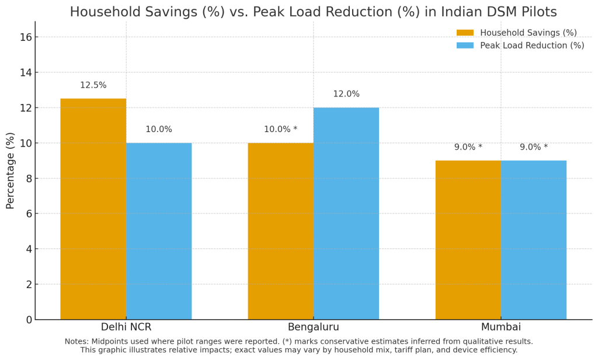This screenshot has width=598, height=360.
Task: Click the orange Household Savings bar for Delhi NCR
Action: click(93, 209)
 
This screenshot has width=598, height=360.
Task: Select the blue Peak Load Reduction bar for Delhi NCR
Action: click(159, 231)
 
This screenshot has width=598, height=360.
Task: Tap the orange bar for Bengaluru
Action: click(280, 231)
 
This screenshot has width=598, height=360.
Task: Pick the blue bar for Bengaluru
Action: click(346, 214)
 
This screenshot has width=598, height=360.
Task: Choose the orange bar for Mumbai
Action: click(468, 240)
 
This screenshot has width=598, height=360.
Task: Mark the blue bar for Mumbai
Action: click(533, 240)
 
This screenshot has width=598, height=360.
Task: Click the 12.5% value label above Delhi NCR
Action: click(93, 85)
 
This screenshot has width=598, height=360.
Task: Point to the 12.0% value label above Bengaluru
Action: click(346, 94)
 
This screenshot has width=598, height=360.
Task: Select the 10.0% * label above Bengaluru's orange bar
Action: click(280, 130)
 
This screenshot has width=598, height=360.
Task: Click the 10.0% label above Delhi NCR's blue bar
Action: click(159, 130)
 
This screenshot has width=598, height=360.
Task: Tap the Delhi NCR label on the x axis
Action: click(126, 327)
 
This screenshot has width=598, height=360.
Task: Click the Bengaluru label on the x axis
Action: click(313, 327)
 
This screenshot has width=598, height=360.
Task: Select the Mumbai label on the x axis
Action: click(500, 327)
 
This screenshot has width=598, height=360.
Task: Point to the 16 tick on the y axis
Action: click(26, 37)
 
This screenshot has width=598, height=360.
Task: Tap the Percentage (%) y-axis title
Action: click(11, 170)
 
